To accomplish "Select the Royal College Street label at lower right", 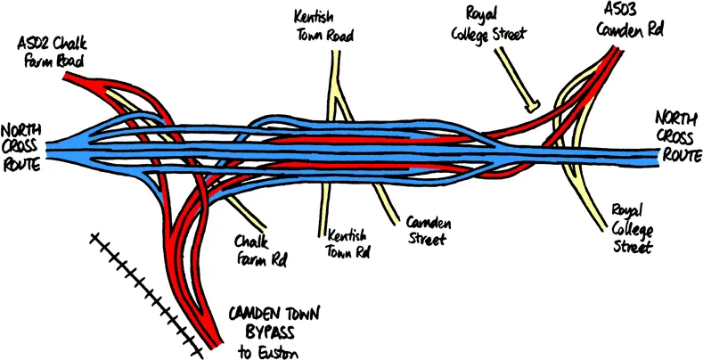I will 633,227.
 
